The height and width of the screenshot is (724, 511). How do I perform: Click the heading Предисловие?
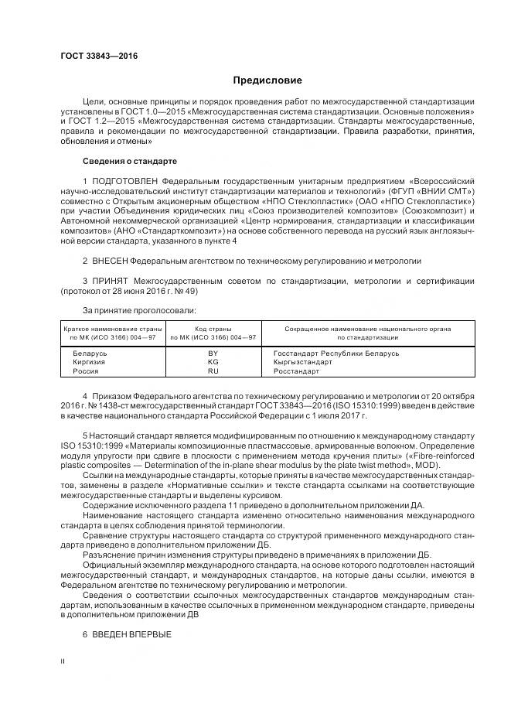click(267, 80)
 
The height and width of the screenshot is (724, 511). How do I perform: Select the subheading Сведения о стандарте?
click(129, 161)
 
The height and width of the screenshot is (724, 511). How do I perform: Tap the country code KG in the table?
click(213, 362)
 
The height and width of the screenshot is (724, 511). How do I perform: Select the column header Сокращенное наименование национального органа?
click(368, 329)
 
